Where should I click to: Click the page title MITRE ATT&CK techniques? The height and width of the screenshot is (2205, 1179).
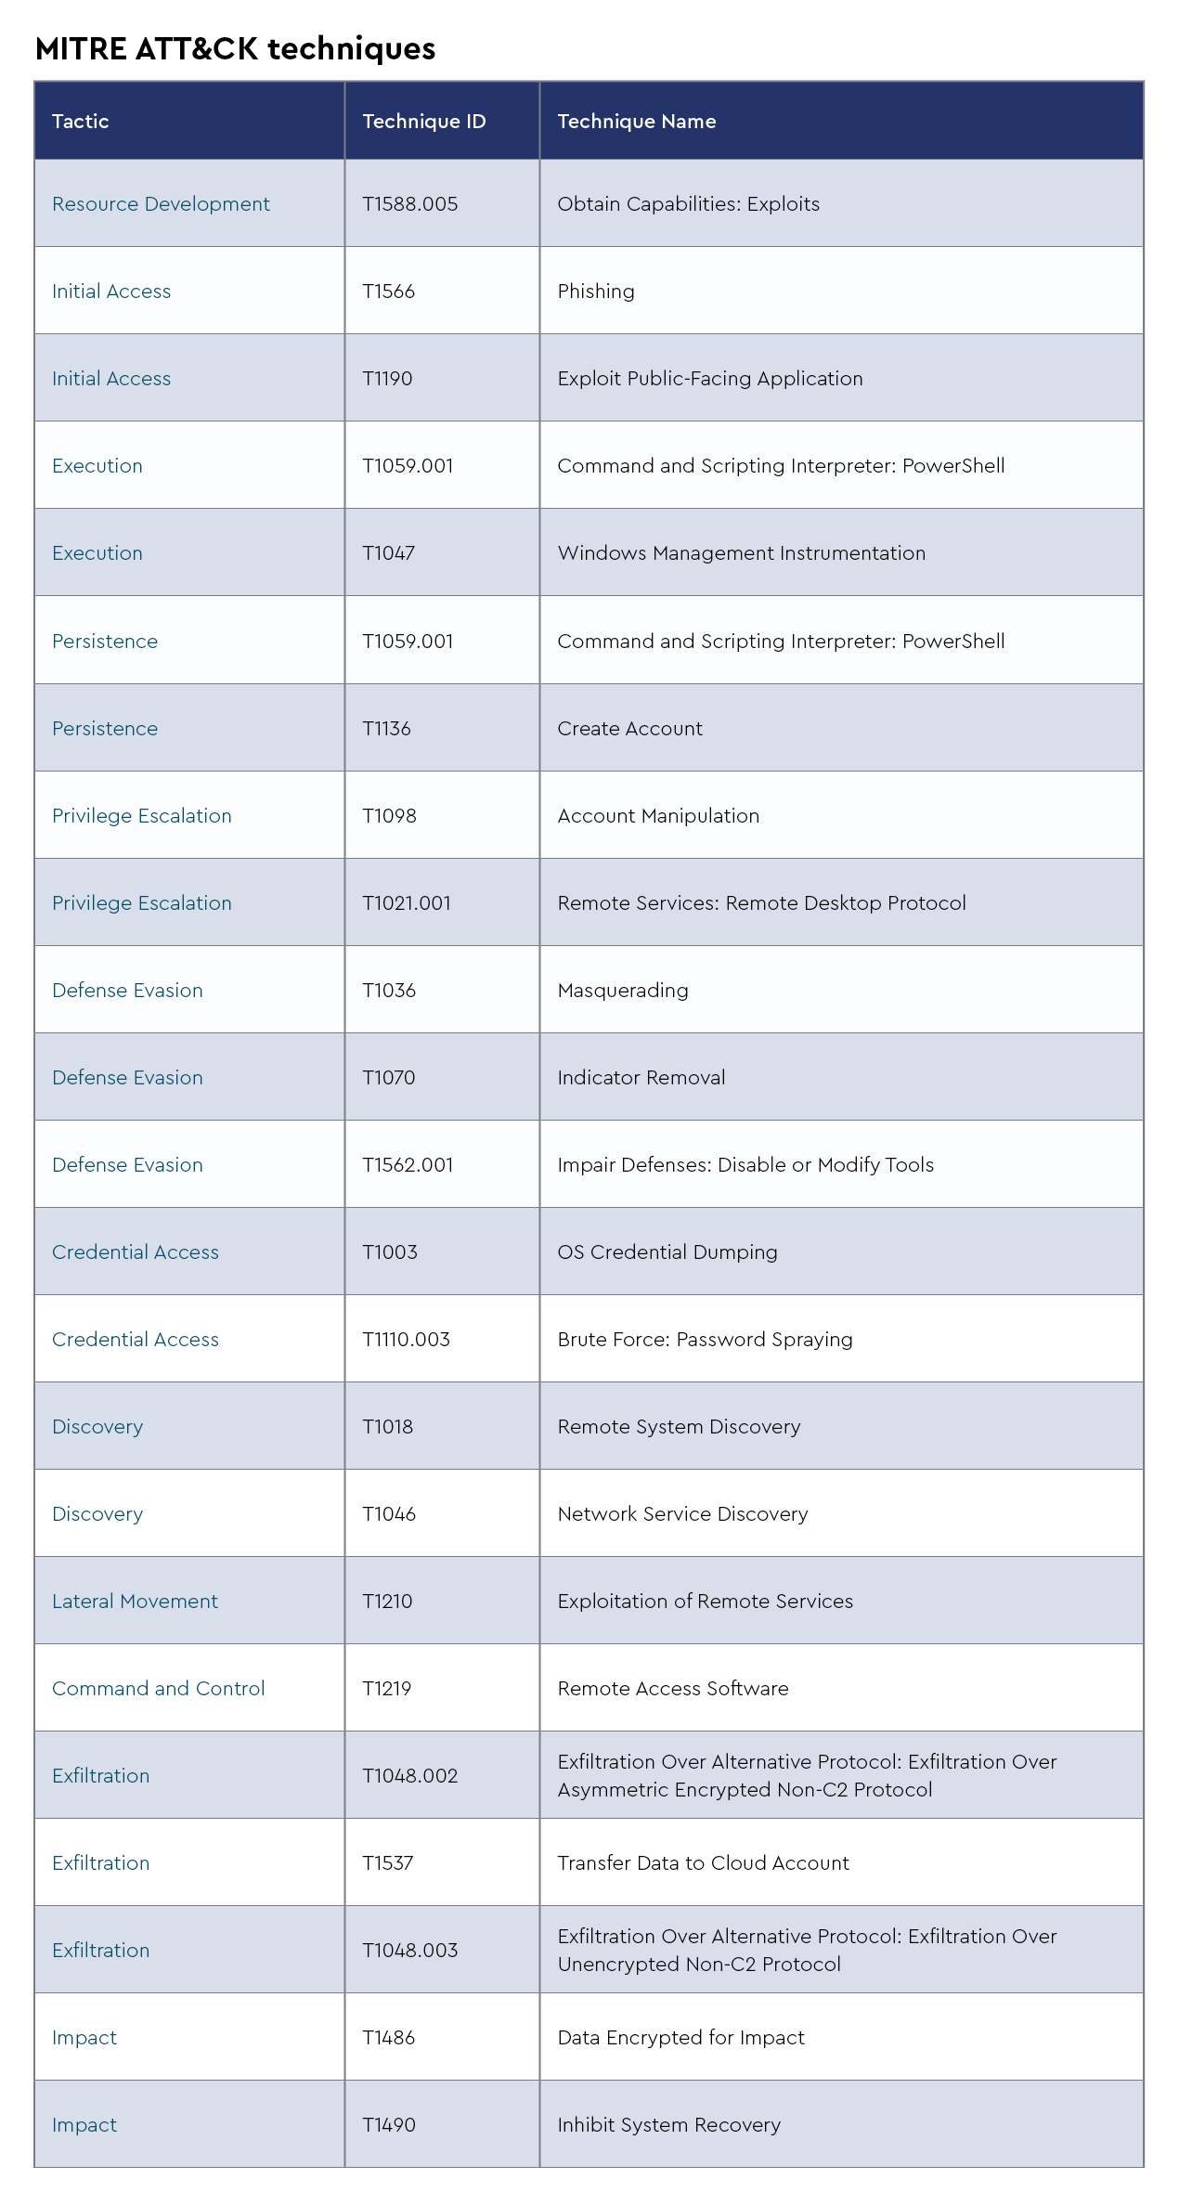[235, 48]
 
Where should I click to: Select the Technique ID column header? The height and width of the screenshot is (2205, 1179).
[423, 122]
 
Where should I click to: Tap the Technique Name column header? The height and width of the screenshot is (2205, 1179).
[636, 122]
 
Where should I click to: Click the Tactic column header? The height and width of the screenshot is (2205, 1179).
[81, 122]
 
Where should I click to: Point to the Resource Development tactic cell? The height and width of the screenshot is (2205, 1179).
[161, 204]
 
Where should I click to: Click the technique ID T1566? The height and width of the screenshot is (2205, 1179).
[388, 292]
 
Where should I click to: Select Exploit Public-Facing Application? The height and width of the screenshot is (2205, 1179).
[709, 379]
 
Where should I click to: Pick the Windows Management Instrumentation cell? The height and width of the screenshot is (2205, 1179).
[741, 553]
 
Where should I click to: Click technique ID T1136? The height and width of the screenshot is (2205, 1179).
[386, 729]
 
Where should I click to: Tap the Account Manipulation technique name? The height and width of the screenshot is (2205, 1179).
[658, 816]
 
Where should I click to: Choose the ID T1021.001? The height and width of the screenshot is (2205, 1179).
[406, 903]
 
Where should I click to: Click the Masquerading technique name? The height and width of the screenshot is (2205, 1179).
[623, 991]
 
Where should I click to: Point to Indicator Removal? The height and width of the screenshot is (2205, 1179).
[641, 1078]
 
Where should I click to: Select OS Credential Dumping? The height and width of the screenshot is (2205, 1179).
[667, 1252]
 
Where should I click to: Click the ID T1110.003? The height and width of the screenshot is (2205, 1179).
[406, 1340]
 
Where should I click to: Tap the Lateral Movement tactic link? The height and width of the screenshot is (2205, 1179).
[135, 1602]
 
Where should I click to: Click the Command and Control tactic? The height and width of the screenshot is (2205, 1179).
[158, 1689]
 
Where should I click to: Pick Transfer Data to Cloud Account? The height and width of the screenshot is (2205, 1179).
[703, 1863]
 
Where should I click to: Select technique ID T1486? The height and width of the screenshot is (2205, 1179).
[388, 2038]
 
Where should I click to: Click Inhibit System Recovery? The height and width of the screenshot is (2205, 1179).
[668, 2125]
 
